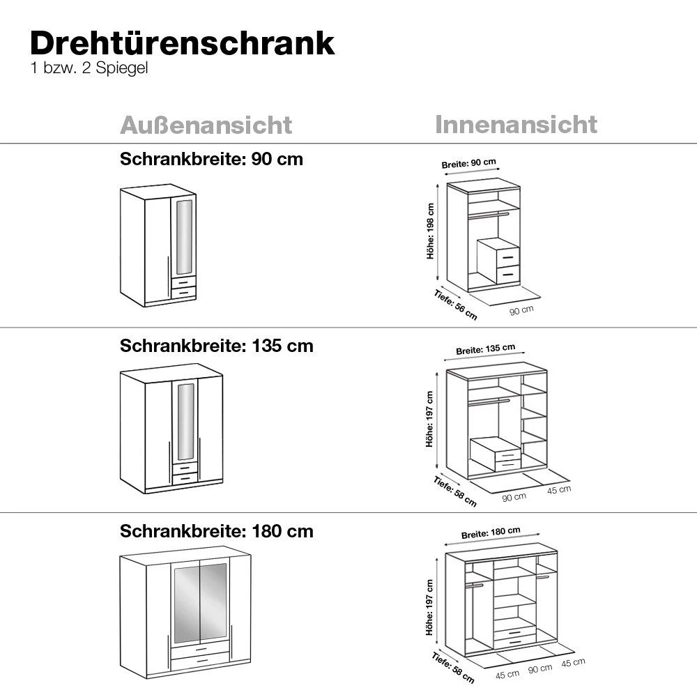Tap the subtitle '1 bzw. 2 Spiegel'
[x=89, y=70]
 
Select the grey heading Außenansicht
[x=206, y=125]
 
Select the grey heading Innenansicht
[x=516, y=125]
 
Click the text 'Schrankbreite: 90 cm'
[x=211, y=159]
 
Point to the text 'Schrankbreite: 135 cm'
[x=216, y=346]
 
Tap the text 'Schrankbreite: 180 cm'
[x=216, y=531]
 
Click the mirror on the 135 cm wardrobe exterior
[x=185, y=421]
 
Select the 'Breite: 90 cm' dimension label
[x=468, y=163]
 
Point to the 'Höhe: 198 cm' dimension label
[x=431, y=231]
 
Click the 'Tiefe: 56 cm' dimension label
[x=455, y=304]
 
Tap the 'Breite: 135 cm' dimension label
[x=485, y=349]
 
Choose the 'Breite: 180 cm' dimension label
[x=491, y=533]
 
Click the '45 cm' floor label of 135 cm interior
[x=559, y=489]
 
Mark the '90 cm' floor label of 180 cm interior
[x=540, y=670]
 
